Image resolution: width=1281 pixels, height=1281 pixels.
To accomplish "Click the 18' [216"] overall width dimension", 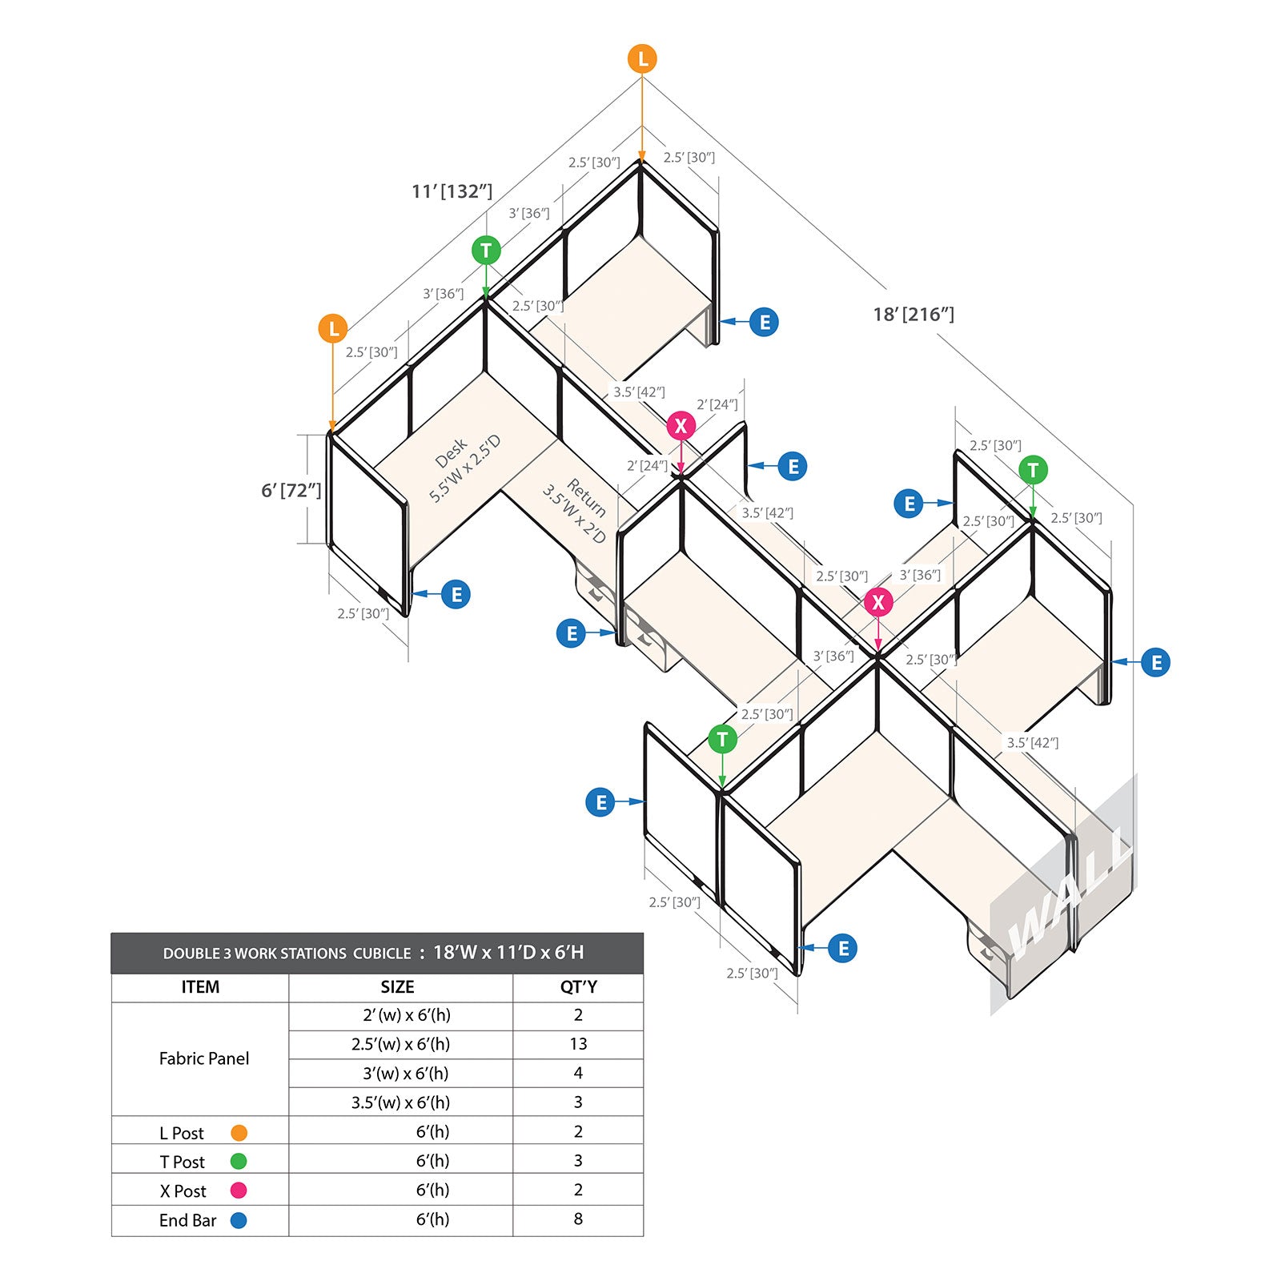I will [914, 315].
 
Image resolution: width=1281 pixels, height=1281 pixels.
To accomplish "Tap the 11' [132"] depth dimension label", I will [452, 191].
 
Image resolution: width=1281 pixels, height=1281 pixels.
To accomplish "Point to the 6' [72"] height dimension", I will [291, 490].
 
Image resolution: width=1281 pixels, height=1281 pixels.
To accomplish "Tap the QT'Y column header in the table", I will [578, 986].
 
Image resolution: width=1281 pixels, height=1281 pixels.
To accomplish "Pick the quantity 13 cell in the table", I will [578, 1044].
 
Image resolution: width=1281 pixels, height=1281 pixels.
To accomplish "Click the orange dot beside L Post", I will [239, 1133].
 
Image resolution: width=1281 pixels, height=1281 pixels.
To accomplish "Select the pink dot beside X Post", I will [239, 1191].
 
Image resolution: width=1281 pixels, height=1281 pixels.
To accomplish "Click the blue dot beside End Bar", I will [239, 1220].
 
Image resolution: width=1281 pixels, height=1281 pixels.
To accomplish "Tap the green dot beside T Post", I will [239, 1161].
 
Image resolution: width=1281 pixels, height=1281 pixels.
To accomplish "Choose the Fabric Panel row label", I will [204, 1058].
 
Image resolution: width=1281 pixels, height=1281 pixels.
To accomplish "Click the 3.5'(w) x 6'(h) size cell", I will [400, 1102].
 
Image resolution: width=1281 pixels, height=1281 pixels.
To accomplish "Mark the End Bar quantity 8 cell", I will [578, 1219].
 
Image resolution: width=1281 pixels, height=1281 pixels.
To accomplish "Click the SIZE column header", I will [398, 986].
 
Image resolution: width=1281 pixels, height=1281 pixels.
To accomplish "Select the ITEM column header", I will [200, 986].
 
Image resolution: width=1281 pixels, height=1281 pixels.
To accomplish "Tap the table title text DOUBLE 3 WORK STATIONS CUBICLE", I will [287, 954].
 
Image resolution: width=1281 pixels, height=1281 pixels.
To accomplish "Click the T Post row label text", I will [183, 1162].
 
